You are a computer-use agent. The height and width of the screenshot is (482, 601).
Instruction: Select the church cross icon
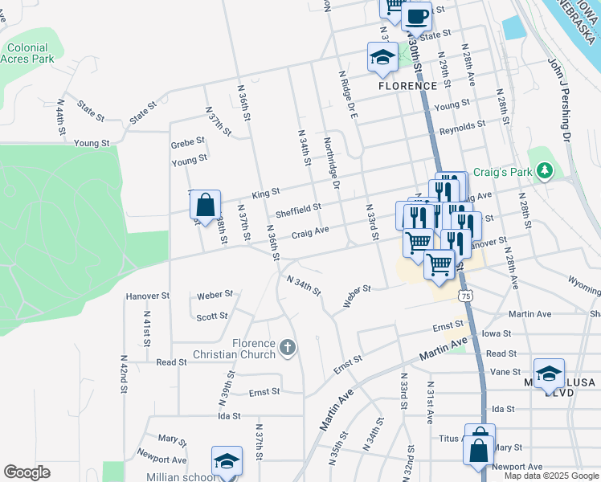click(287, 348)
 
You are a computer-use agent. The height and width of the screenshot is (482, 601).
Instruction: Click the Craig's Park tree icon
click(546, 170)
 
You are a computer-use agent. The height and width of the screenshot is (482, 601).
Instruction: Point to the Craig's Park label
click(503, 171)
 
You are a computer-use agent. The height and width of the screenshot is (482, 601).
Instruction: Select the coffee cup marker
click(416, 15)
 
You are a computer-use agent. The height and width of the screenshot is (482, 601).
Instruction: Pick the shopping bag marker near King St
click(205, 204)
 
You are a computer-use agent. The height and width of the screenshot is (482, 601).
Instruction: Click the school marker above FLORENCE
click(382, 55)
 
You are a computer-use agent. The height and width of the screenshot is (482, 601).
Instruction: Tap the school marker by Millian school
click(227, 460)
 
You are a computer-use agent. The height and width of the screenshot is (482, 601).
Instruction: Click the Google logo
click(27, 472)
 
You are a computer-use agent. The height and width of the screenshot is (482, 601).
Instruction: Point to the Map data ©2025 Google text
click(550, 476)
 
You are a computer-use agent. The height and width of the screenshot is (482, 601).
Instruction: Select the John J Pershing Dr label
click(559, 100)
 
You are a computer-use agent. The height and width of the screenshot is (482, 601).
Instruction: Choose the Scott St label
click(212, 317)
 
